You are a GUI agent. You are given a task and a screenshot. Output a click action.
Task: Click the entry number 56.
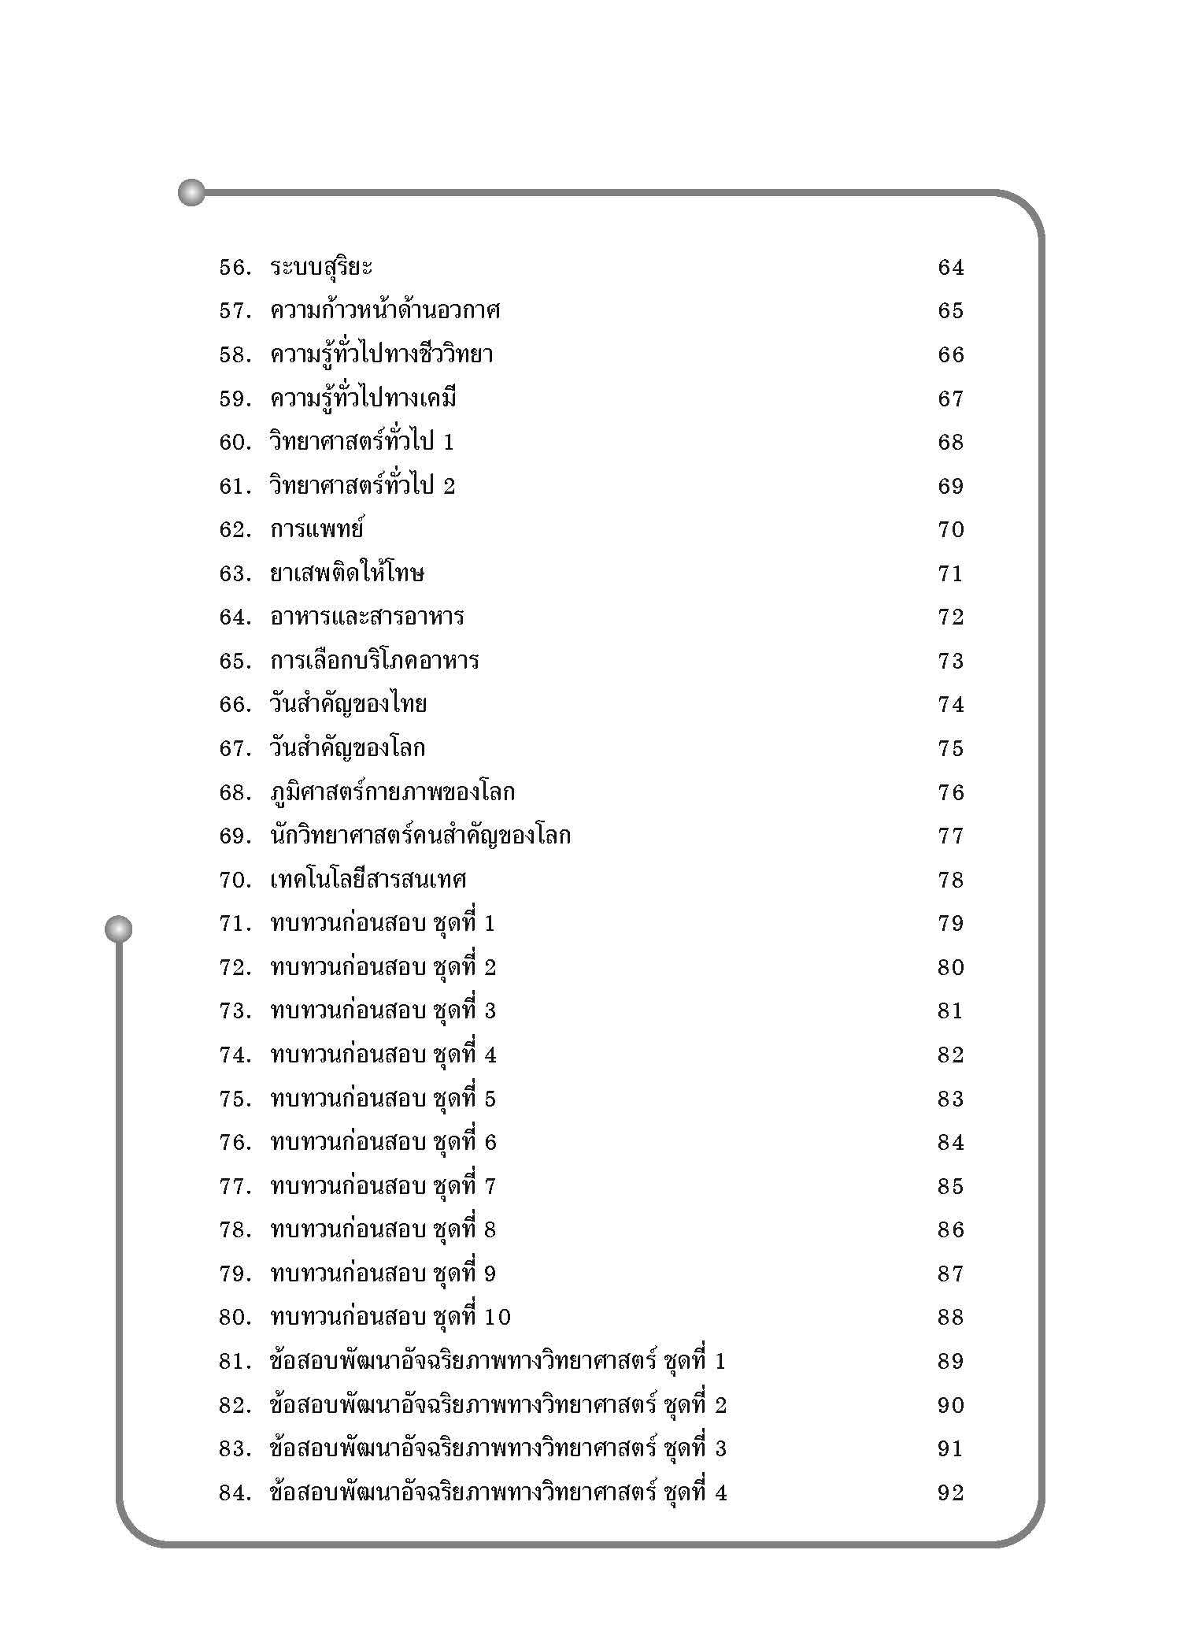[x=235, y=268]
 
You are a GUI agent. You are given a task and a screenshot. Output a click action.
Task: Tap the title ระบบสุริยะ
[x=320, y=268]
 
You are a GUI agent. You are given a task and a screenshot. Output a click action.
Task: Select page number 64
[x=950, y=268]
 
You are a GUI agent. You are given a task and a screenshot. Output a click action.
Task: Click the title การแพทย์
[x=316, y=529]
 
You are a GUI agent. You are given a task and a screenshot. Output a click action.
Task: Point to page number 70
[x=950, y=529]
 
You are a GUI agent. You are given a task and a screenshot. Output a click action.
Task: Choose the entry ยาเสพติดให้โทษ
[x=346, y=573]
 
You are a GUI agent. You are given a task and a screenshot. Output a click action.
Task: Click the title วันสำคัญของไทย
[x=348, y=704]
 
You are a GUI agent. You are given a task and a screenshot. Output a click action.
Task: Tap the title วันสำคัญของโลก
[x=347, y=748]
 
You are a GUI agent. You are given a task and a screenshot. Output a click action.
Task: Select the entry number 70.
[x=235, y=880]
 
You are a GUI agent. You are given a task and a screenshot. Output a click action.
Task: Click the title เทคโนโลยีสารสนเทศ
[x=368, y=880]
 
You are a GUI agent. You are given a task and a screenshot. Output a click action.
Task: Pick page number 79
[x=950, y=923]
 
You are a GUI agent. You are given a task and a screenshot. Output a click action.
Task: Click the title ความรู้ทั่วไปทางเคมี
[x=363, y=399]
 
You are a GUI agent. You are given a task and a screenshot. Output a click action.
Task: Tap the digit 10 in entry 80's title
[x=498, y=1317]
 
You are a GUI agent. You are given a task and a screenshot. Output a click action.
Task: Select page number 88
[x=950, y=1317]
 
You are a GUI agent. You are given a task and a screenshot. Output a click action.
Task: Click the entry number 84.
[x=235, y=1492]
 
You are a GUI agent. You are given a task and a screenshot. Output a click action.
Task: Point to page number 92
[x=950, y=1492]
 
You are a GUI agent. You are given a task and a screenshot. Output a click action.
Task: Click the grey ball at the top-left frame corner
[x=191, y=192]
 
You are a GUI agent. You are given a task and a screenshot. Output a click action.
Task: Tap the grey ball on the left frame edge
[x=119, y=929]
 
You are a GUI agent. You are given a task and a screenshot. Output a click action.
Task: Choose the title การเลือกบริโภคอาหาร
[x=374, y=661]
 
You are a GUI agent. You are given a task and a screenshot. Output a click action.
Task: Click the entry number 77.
[x=235, y=1186]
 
